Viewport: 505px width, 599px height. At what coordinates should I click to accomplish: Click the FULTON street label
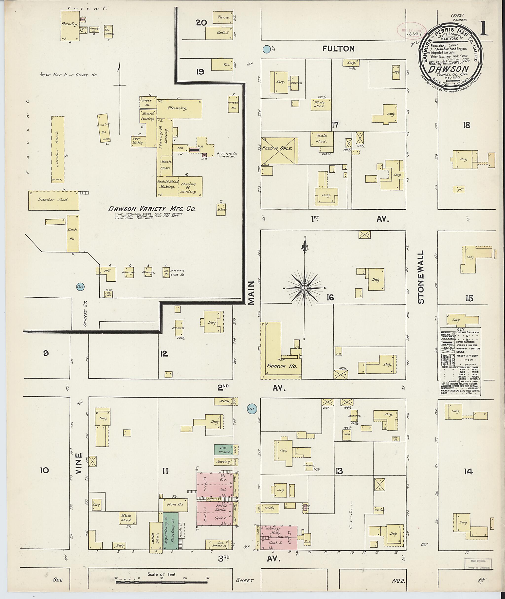[x=338, y=49]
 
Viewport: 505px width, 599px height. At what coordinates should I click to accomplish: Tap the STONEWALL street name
[x=421, y=277]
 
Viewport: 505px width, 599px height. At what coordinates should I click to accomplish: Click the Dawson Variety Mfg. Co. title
[x=152, y=209]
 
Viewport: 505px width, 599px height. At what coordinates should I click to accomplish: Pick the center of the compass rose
[x=305, y=288]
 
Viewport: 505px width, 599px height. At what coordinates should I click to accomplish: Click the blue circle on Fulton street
[x=267, y=49]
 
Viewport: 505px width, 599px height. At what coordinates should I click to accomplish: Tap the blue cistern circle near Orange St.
[x=80, y=286]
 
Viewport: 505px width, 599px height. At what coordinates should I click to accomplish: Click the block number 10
[x=45, y=470]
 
